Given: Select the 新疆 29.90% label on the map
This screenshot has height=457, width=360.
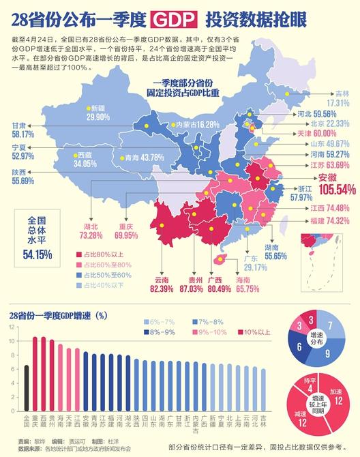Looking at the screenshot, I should click(x=97, y=113).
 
